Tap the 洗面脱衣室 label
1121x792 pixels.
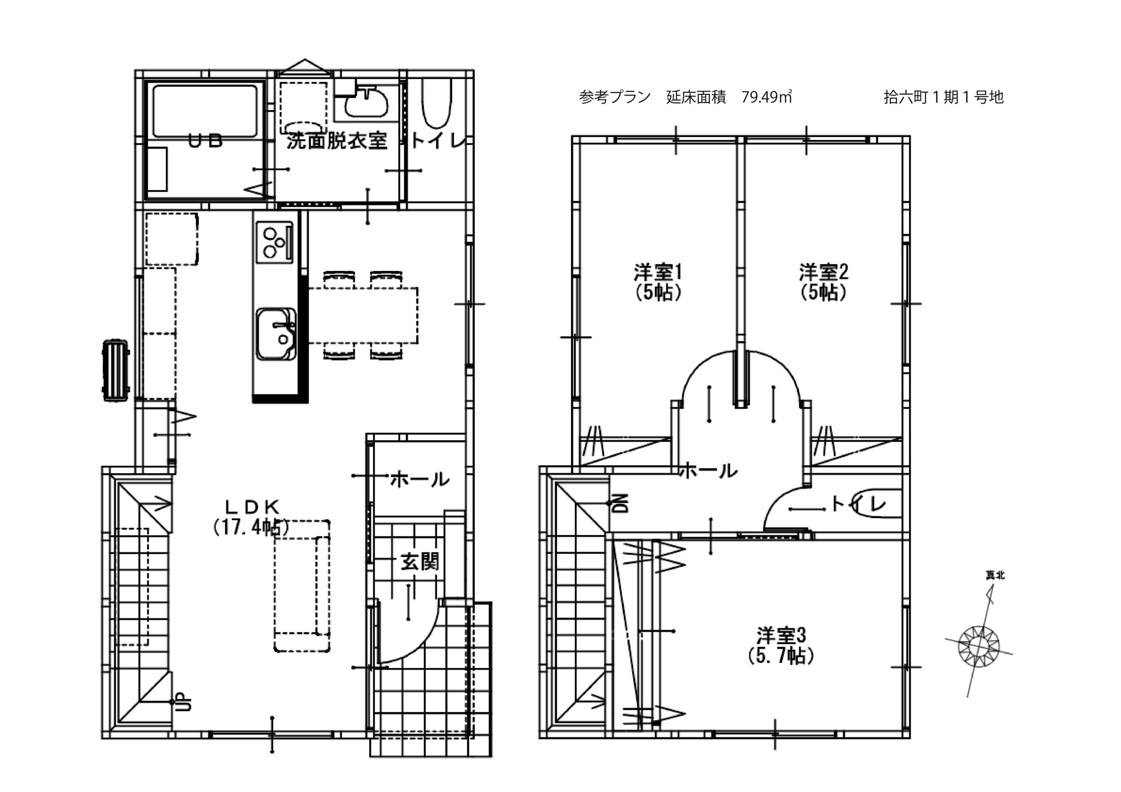point(337,141)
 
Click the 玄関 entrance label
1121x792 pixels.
point(420,562)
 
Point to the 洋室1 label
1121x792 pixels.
point(658,272)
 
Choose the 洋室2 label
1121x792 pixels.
point(824,272)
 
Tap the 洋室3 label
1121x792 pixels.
point(781,635)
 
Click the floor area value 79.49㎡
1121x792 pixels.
point(767,97)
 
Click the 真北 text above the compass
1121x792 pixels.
point(995,576)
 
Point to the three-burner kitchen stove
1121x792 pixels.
point(274,242)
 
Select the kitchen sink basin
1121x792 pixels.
point(276,334)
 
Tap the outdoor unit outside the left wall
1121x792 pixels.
point(116,371)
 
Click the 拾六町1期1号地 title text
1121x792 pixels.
point(943,97)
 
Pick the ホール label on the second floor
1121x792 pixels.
point(709,471)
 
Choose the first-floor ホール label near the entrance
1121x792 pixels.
point(420,480)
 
